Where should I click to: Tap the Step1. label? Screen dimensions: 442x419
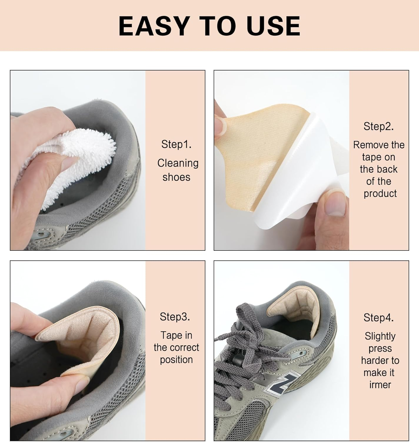coord(176,144)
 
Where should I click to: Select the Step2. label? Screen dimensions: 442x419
coord(378,126)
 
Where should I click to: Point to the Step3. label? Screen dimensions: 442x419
coord(175,317)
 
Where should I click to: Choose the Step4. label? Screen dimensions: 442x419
coord(378,318)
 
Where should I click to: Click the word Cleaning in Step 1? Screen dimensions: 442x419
coord(178,163)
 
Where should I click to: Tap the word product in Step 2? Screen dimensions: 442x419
coord(380,194)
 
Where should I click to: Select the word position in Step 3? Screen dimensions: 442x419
coord(176,360)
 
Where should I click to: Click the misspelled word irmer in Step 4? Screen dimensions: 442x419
coord(380,385)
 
